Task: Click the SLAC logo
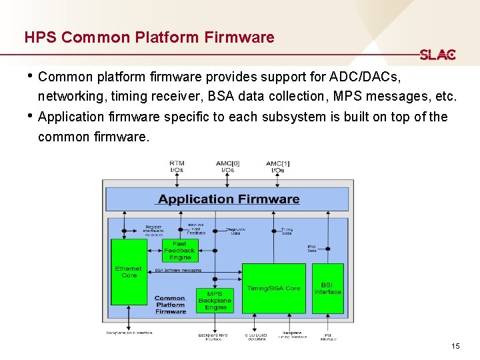[x=437, y=55]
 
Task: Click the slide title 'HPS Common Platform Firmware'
[x=149, y=37]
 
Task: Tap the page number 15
[x=455, y=346]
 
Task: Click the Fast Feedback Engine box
[x=179, y=251]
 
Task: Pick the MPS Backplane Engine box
[x=215, y=301]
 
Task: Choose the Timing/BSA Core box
[x=273, y=289]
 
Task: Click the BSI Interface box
[x=327, y=289]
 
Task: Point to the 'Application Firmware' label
[x=229, y=199]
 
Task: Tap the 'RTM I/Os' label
[x=177, y=167]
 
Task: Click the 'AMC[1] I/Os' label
[x=278, y=167]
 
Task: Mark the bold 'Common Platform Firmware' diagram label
[x=171, y=305]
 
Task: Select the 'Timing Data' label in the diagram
[x=287, y=231]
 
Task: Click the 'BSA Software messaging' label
[x=178, y=271]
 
